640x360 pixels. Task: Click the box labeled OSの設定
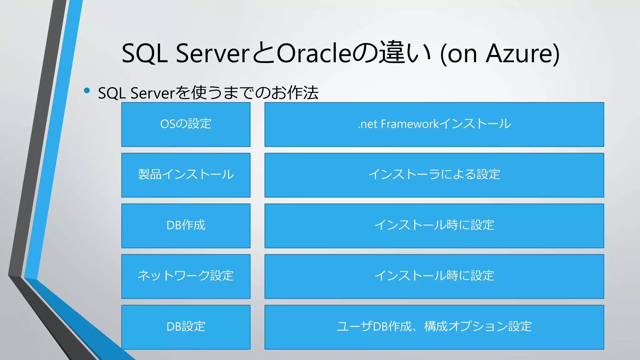186,124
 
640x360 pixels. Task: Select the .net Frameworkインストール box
434,124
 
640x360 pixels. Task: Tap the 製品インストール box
186,175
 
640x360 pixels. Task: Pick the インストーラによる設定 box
434,175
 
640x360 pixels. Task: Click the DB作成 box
186,226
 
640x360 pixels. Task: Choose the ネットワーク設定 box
186,276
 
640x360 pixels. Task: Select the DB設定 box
186,327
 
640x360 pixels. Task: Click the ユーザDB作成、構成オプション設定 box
434,327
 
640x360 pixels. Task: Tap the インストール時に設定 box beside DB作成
434,226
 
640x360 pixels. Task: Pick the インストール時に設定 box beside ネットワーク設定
434,276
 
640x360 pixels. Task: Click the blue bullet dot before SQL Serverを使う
87,91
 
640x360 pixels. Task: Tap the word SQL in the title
144,53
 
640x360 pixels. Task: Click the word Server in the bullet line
152,93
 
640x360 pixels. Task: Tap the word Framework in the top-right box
410,124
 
